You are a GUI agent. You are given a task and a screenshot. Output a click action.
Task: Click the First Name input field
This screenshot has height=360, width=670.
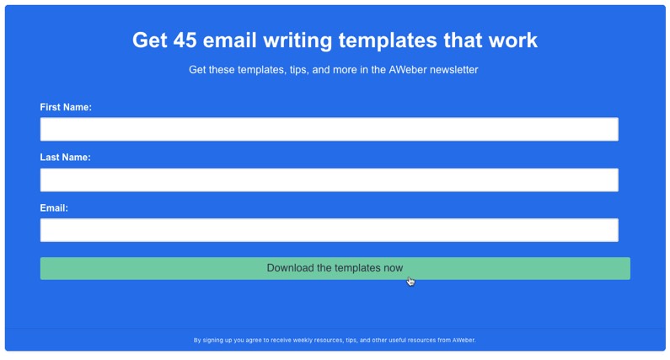point(329,129)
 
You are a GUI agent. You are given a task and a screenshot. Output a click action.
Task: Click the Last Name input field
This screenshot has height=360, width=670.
point(329,180)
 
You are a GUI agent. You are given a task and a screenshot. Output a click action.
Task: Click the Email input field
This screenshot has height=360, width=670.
point(329,230)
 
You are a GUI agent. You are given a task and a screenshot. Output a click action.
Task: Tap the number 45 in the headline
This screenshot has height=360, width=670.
point(185,40)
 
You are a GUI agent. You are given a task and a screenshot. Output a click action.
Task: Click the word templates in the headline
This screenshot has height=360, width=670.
point(388,40)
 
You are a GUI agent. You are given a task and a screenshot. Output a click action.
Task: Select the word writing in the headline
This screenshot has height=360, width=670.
point(297,40)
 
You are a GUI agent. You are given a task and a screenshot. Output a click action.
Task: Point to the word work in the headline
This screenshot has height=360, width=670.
point(512,40)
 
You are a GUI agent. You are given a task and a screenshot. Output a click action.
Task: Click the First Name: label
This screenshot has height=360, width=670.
point(66,107)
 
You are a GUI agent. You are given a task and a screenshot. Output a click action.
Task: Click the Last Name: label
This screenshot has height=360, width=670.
point(66,158)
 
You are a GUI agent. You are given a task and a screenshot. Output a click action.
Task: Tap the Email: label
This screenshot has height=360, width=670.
point(54,208)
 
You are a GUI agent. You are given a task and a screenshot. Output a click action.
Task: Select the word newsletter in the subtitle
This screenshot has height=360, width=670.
point(453,70)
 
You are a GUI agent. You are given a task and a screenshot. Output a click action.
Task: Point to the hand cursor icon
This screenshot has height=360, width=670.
point(410,282)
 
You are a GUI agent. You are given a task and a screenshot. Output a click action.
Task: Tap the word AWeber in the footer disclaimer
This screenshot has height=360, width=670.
point(464,341)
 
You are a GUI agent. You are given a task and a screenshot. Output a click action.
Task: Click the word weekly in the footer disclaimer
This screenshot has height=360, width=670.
point(303,341)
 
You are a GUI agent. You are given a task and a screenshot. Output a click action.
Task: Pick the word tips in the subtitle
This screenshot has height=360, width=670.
point(298,70)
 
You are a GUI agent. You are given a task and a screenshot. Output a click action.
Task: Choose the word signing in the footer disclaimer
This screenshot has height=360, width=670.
point(212,341)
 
